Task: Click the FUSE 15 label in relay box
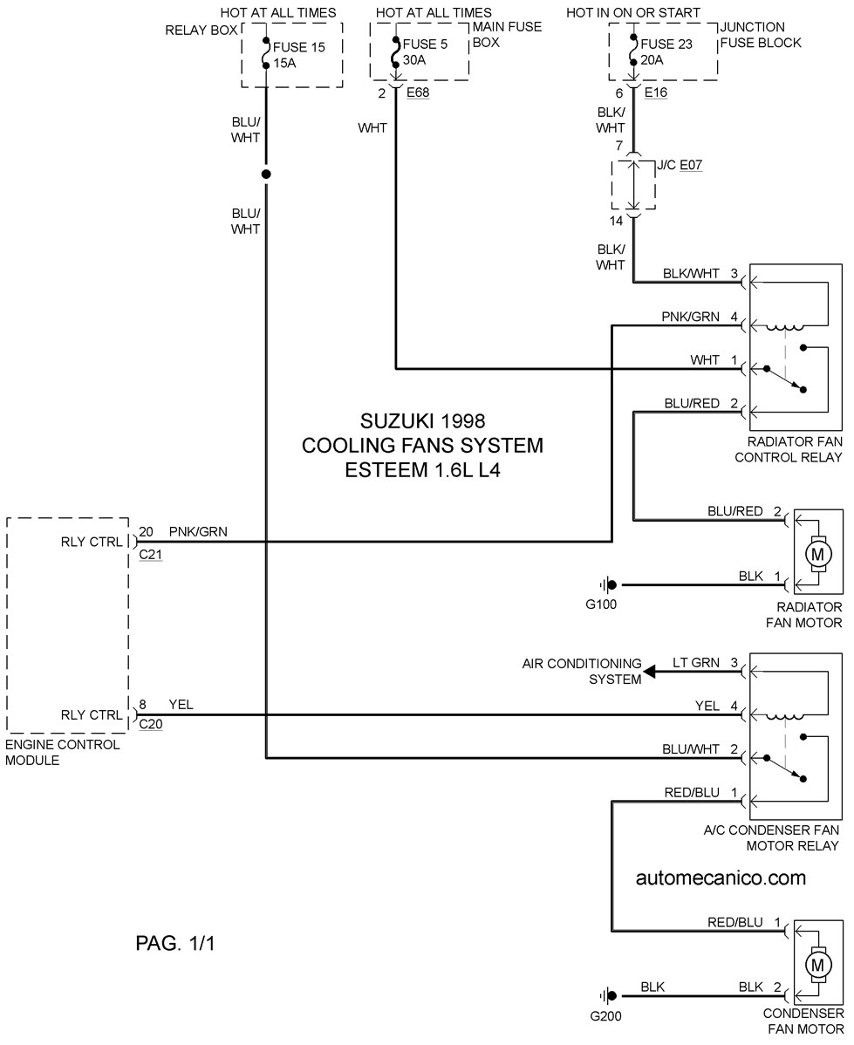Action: (x=298, y=47)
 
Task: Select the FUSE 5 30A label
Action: (x=425, y=52)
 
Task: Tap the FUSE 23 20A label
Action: (x=666, y=52)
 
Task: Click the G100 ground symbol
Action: (x=608, y=585)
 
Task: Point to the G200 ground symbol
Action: (x=608, y=997)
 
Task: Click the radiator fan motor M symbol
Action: (x=816, y=553)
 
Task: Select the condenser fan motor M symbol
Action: (x=816, y=965)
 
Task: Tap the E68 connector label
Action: (x=418, y=92)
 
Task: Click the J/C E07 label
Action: (x=680, y=165)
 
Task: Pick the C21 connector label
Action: (x=151, y=555)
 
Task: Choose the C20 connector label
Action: (x=151, y=724)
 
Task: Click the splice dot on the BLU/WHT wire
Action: (x=266, y=174)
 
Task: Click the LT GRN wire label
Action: (x=696, y=663)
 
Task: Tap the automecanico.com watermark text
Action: (x=721, y=878)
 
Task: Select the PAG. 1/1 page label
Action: (x=175, y=943)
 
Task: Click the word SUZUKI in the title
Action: (x=393, y=421)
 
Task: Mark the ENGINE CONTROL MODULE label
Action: (x=63, y=753)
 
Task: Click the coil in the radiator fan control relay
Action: (x=785, y=326)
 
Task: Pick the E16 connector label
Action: (x=656, y=92)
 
